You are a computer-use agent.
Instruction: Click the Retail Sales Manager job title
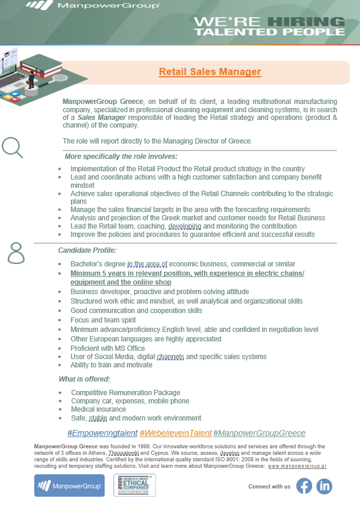[210, 72]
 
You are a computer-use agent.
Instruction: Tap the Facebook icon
[304, 486]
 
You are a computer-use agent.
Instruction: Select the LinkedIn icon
[325, 486]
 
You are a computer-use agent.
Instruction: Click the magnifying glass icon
[12, 148]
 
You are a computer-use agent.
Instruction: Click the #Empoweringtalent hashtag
[102, 433]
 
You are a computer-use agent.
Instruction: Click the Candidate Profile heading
[87, 250]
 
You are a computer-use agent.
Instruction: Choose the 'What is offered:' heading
[85, 379]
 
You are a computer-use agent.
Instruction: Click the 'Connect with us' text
[270, 487]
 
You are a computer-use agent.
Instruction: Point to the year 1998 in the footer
[145, 445]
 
